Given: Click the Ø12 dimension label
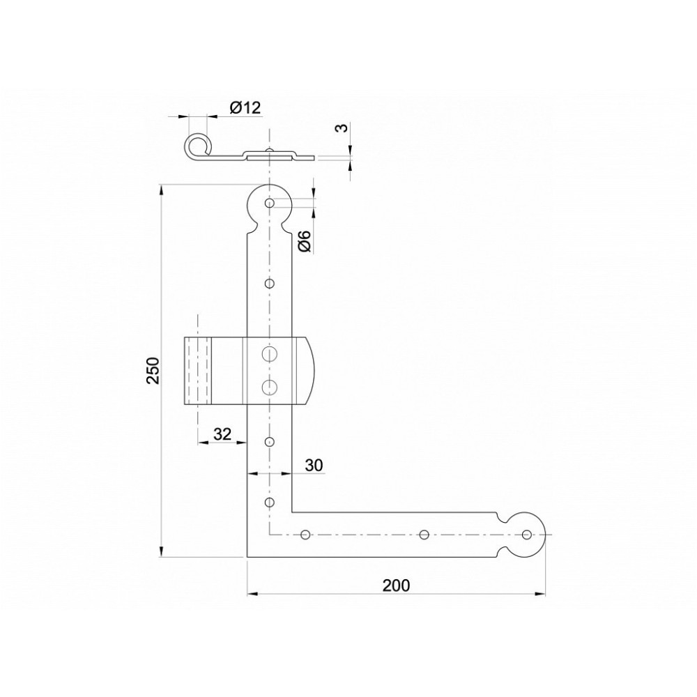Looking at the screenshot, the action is pos(245,107).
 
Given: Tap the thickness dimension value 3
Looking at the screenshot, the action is pos(341,128).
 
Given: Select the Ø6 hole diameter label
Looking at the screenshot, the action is pos(305,241).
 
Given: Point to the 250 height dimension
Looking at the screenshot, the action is pos(153,370).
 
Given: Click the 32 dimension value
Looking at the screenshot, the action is pos(222,434).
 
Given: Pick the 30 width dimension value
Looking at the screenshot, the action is pos(314,465).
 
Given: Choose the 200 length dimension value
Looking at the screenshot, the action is pos(396,585).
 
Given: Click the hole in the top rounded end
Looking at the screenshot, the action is pos(269,203).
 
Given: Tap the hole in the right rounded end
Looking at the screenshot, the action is pos(527,535).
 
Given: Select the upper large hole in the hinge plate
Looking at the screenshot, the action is pos(269,354).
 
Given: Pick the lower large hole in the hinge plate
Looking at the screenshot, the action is pos(269,388).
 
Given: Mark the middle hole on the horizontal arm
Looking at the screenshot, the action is pos(424,535).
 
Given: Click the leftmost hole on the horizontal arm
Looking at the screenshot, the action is pos(305,535).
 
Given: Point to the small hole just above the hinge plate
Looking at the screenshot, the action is pos(269,283).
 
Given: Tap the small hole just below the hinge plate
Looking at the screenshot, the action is pos(269,441).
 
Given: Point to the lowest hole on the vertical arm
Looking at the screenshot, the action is pos(269,503).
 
